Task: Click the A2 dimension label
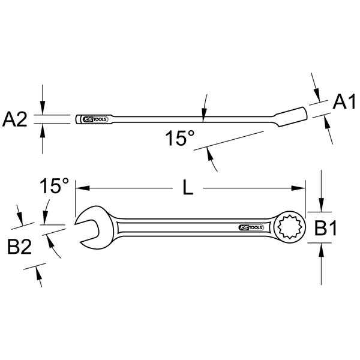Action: (x=15, y=119)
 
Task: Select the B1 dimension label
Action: (x=328, y=227)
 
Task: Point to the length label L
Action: (x=188, y=188)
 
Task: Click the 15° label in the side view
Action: (x=180, y=139)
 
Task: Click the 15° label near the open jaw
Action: (x=55, y=185)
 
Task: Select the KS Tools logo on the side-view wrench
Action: (x=95, y=118)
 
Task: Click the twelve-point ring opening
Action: (x=289, y=228)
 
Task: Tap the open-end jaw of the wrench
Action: (x=86, y=228)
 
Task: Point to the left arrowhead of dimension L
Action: (x=80, y=188)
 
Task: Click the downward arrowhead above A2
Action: (x=42, y=110)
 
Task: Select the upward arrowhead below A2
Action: (x=42, y=127)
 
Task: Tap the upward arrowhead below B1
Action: (x=322, y=247)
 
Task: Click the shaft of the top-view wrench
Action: (x=180, y=228)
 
